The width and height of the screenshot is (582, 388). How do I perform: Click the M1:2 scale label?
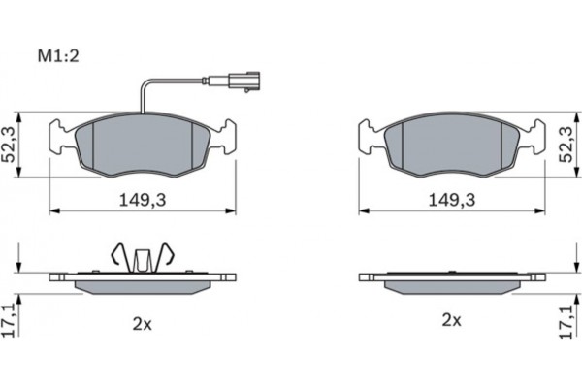tap(58, 56)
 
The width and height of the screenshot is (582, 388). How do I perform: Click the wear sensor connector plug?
tap(244, 81)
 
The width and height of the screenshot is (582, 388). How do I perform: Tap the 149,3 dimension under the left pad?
tap(143, 201)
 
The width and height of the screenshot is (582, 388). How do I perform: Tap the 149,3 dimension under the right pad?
tap(452, 201)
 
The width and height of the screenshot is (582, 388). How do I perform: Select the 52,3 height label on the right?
tap(566, 145)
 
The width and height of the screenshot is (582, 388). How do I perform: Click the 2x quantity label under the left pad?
tap(143, 325)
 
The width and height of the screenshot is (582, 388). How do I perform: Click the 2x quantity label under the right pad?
tap(451, 320)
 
